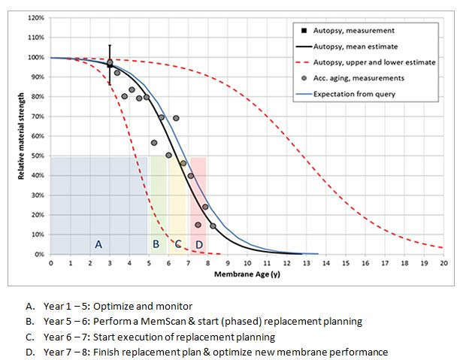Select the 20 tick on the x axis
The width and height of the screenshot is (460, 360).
(443, 263)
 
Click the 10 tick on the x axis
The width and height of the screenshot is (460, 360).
(247, 263)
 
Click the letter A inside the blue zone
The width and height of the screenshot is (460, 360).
(98, 244)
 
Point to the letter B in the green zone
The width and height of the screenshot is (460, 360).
(156, 244)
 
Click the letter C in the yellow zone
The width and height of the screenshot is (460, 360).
(178, 244)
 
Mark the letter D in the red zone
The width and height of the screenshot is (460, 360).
(198, 244)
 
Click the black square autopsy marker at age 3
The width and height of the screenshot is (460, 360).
(110, 65)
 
